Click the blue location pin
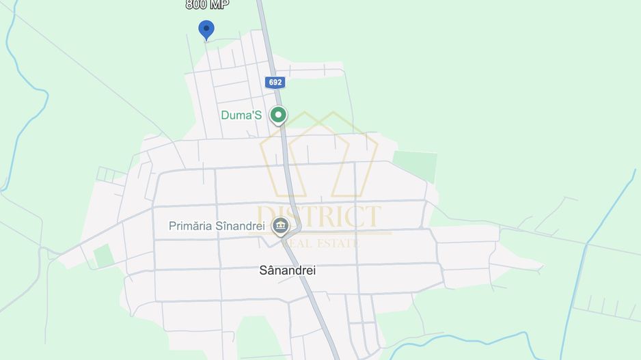point(206,29)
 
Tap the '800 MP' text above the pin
point(207,5)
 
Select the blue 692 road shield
point(275,82)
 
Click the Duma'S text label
point(241,115)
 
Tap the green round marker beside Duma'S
point(277,115)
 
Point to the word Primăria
point(190,225)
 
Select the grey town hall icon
point(280,225)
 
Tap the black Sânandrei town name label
point(288,270)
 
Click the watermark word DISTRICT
point(319,217)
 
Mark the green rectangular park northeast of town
point(415,166)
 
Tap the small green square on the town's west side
point(103,255)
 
